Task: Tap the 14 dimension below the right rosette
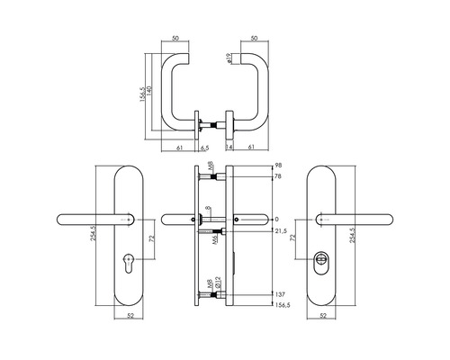click(229, 148)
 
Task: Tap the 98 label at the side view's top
click(278, 166)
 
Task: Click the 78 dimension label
click(278, 177)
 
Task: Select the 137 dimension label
click(279, 294)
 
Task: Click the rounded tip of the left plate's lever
click(62, 219)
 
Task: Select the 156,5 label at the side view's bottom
click(282, 305)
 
